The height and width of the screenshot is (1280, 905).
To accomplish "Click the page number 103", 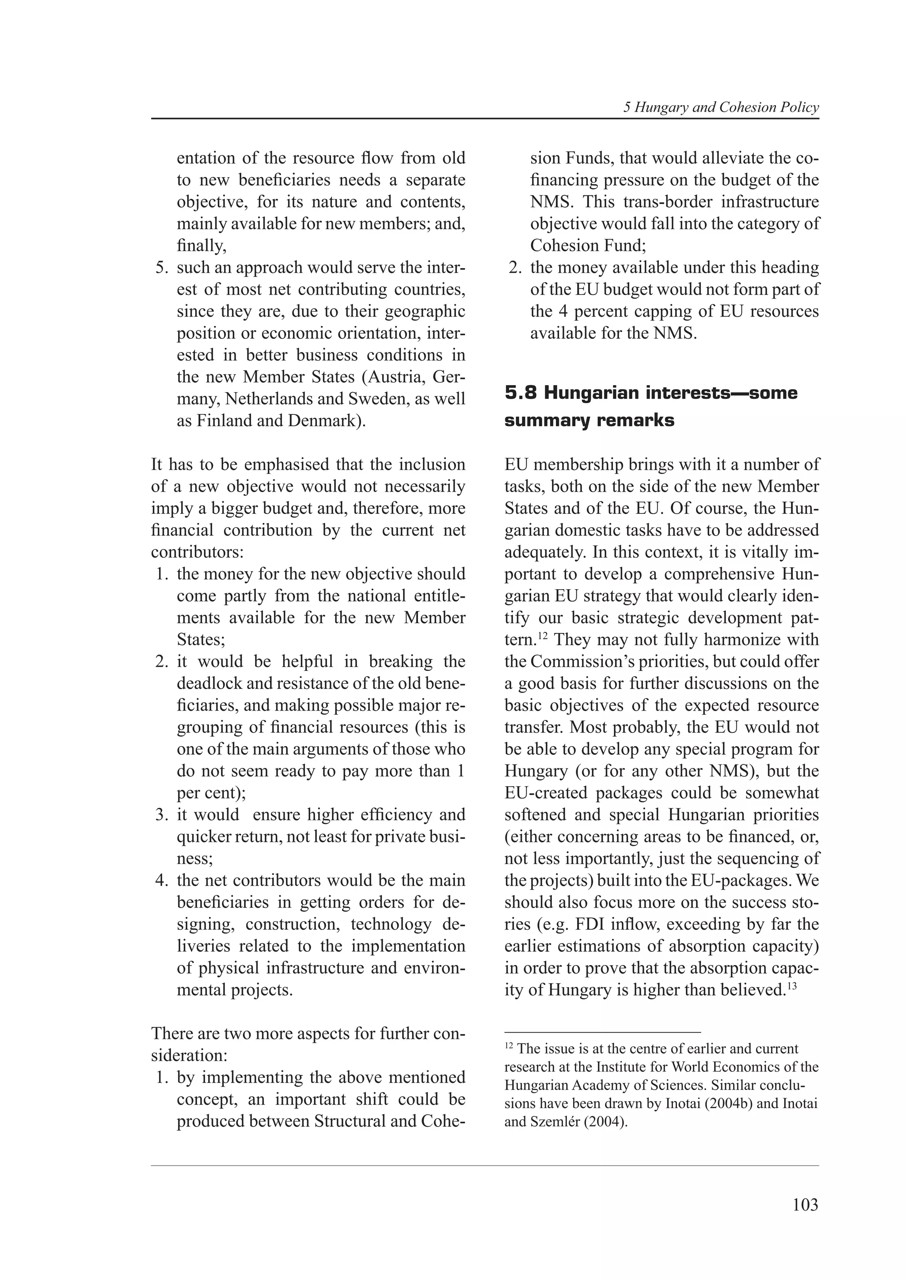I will [x=805, y=1205].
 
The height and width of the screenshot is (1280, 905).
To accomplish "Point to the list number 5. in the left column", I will [x=161, y=268].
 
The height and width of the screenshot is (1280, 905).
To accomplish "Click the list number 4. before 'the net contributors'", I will [x=161, y=880].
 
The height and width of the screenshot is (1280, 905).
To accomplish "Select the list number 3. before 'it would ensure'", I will [x=161, y=814].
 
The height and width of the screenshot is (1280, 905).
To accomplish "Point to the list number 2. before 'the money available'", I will [x=515, y=268].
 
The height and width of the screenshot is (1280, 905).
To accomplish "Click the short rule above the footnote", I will [x=602, y=1033].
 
